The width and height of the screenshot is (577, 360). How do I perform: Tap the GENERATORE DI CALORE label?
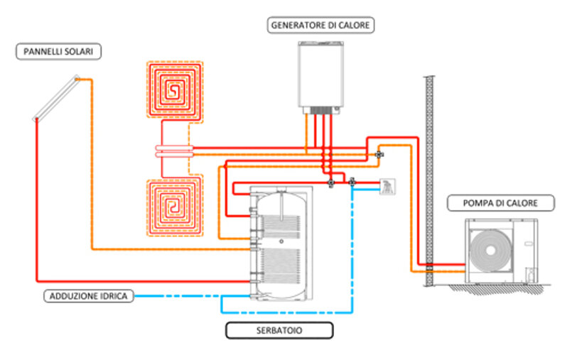pyautogui.click(x=321, y=26)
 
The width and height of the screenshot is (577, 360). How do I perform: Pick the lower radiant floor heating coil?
pyautogui.click(x=173, y=207)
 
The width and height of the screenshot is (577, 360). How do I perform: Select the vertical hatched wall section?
pyautogui.click(x=428, y=178)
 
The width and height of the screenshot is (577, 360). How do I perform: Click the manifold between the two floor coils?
pyautogui.click(x=173, y=151)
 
